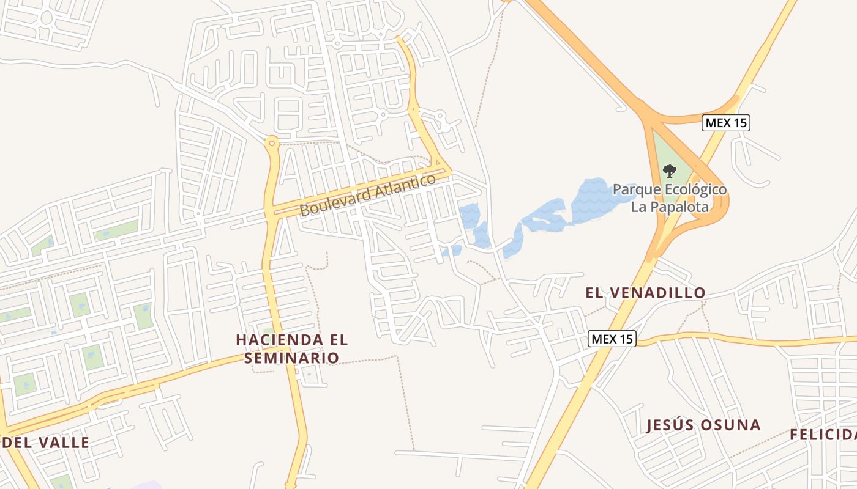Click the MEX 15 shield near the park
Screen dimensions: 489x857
[725, 122]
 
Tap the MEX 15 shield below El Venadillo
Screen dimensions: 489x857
[612, 339]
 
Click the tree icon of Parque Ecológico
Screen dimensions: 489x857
[670, 171]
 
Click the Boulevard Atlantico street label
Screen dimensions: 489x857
[368, 195]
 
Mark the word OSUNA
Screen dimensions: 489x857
[734, 425]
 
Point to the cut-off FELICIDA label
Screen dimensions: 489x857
[823, 435]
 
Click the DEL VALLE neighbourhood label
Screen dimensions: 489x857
[47, 443]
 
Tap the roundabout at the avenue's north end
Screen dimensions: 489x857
[271, 144]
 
